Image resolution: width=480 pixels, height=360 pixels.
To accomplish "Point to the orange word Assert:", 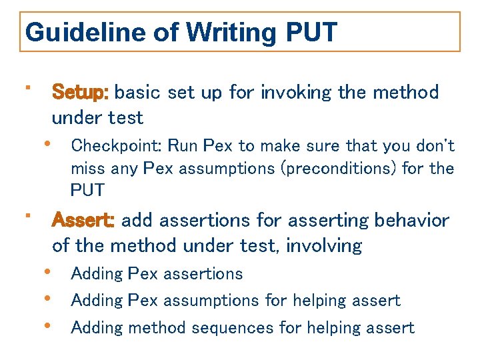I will tap(84, 220).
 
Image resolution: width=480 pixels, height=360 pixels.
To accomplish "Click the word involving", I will tap(323, 246).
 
